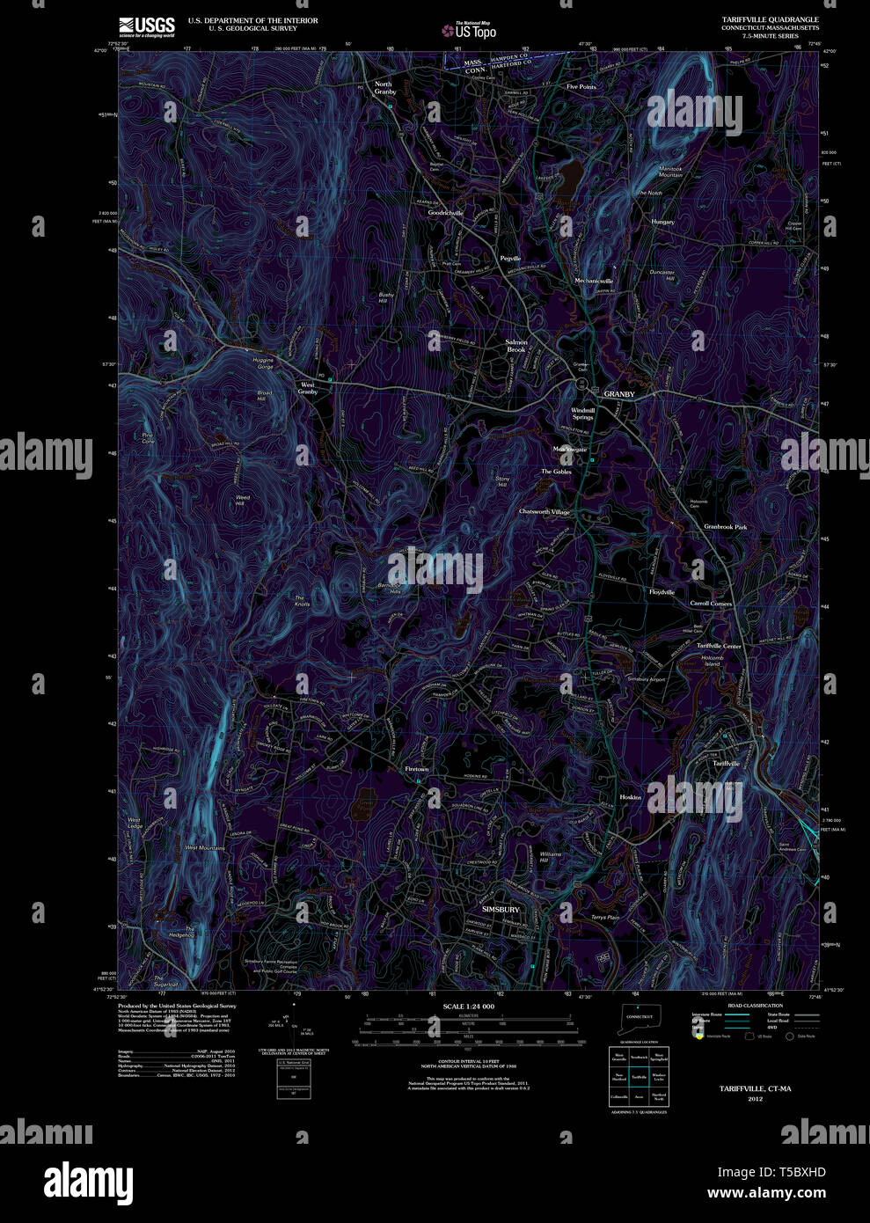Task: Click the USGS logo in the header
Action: pos(147,26)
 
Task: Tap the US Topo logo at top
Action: pos(470,30)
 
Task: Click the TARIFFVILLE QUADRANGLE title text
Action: pos(770,19)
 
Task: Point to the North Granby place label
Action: pos(384,88)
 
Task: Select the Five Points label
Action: pos(581,87)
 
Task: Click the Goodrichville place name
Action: pos(445,213)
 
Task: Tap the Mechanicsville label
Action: pos(594,281)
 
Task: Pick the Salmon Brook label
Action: pos(516,346)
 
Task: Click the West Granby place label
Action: pos(308,387)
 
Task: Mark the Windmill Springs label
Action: pos(583,414)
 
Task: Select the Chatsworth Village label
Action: pos(545,511)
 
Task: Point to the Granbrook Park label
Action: pos(725,527)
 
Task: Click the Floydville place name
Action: pos(662,592)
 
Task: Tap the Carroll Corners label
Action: pos(711,604)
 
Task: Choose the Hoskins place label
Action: pos(631,797)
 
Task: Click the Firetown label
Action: pos(417,769)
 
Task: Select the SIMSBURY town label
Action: pos(501,909)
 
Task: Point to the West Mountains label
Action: pos(204,847)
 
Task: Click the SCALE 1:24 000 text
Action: pos(468,1006)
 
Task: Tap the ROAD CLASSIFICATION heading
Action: pos(755,1005)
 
